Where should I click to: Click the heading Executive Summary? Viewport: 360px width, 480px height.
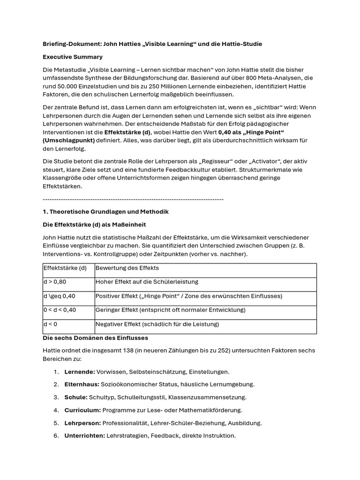[x=73, y=57]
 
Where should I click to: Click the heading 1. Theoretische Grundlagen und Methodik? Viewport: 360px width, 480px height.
[x=105, y=211]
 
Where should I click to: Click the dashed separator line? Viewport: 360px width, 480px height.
[x=133, y=199]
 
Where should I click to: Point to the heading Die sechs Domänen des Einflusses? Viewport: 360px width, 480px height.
[x=95, y=337]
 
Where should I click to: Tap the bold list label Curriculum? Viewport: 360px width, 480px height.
[x=82, y=410]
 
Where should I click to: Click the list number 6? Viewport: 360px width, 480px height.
[x=56, y=435]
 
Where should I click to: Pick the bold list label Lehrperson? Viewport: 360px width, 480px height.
[x=82, y=423]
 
